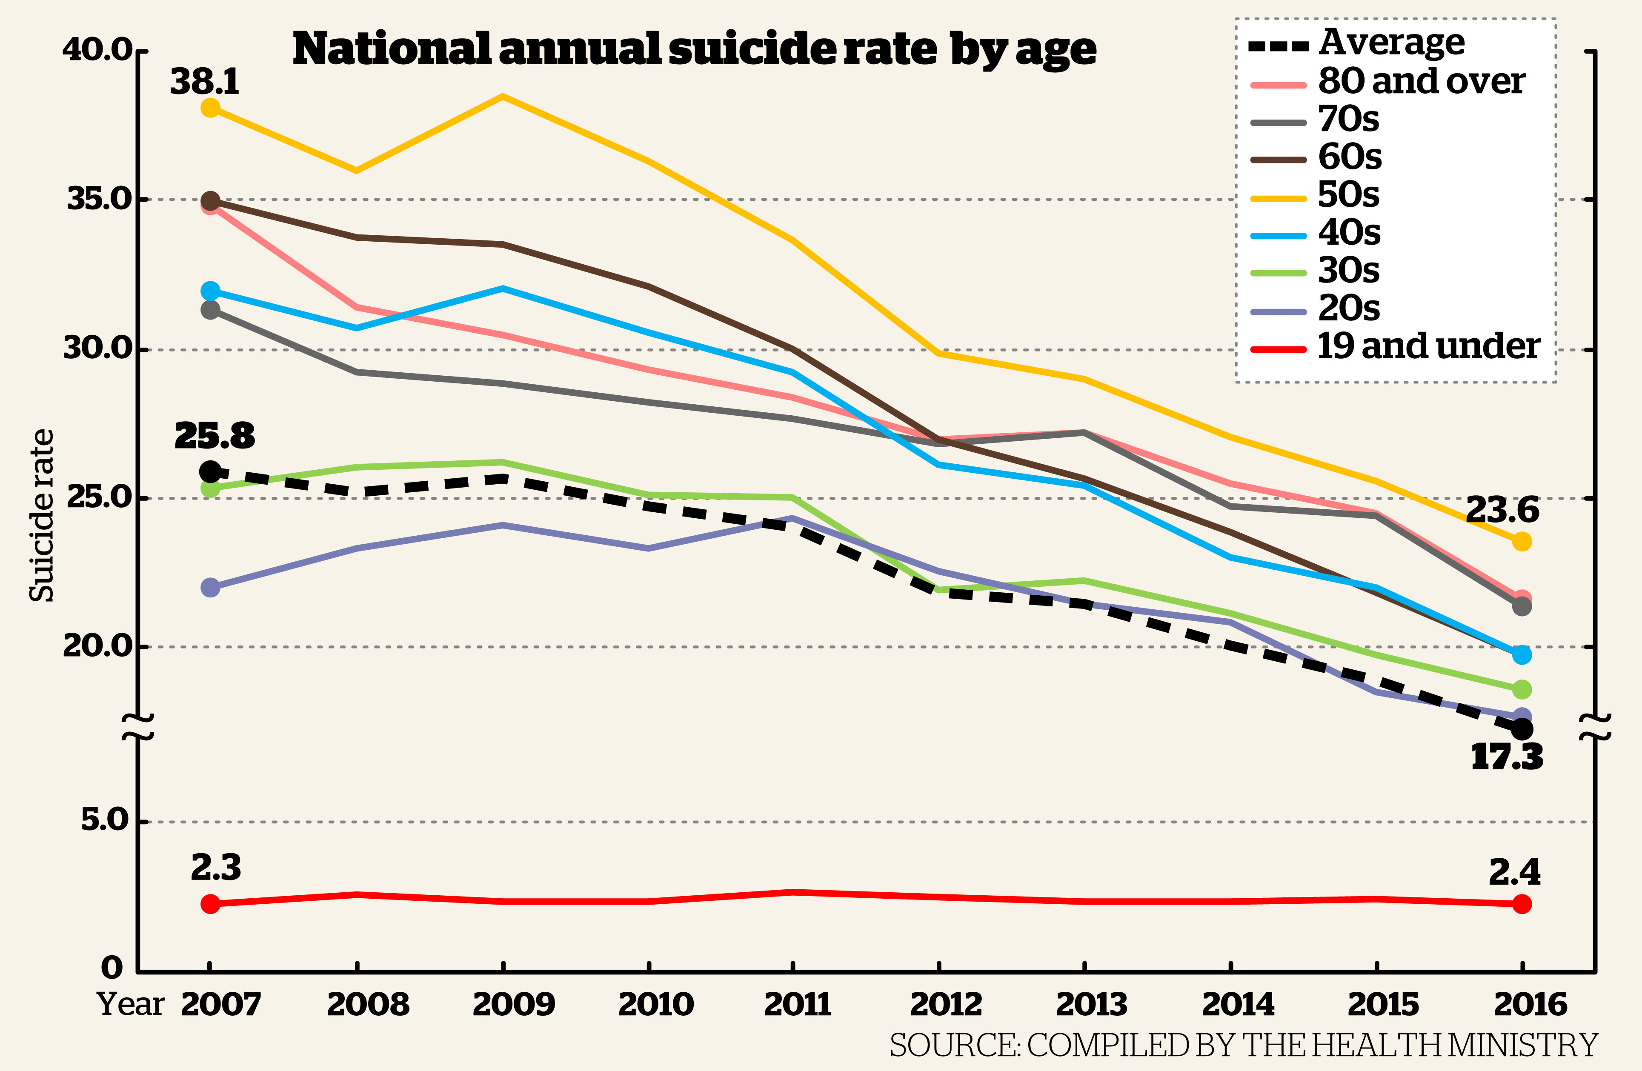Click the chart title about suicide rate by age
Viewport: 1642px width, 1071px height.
(x=694, y=50)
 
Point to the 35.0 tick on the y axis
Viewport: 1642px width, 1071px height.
(x=99, y=199)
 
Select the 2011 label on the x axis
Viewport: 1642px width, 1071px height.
(x=798, y=1004)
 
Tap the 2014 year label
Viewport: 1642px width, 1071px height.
(x=1238, y=1004)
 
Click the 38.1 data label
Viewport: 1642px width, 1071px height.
(x=205, y=82)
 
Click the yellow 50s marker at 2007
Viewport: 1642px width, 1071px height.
(x=210, y=108)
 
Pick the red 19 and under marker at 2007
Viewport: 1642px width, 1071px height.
(x=210, y=903)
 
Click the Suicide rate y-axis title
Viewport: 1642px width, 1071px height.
(x=41, y=516)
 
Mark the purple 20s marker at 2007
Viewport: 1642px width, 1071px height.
(x=210, y=588)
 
